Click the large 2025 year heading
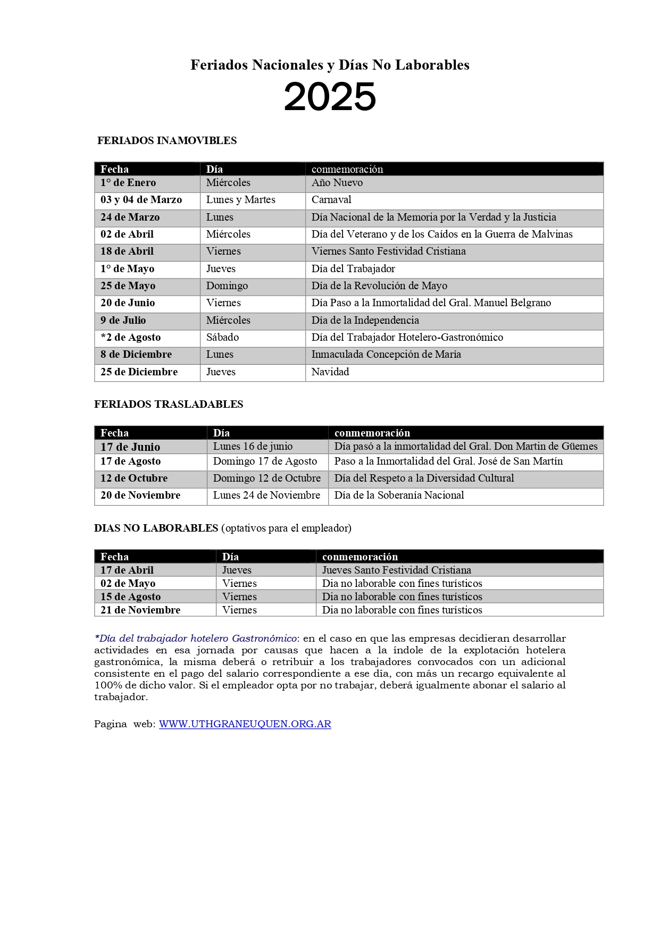pyautogui.click(x=330, y=97)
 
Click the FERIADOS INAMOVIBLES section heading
pyautogui.click(x=167, y=140)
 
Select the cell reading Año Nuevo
pyautogui.click(x=337, y=183)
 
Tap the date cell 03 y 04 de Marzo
pyautogui.click(x=141, y=200)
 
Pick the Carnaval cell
pyautogui.click(x=331, y=200)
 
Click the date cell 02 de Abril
pyautogui.click(x=127, y=234)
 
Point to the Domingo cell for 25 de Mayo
pyautogui.click(x=227, y=286)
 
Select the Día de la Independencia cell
pyautogui.click(x=365, y=321)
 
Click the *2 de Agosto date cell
pyautogui.click(x=130, y=338)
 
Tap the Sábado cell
pyautogui.click(x=222, y=338)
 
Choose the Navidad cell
pyautogui.click(x=330, y=372)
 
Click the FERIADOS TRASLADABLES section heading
pyautogui.click(x=169, y=404)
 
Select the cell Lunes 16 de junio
pyautogui.click(x=253, y=447)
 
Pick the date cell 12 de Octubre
pyautogui.click(x=134, y=478)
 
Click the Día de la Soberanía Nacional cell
pyautogui.click(x=399, y=495)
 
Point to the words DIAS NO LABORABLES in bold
pyautogui.click(x=156, y=528)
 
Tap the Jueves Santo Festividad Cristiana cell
pyautogui.click(x=397, y=570)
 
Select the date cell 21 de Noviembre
pyautogui.click(x=140, y=610)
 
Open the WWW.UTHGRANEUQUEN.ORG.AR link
pyautogui.click(x=245, y=724)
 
